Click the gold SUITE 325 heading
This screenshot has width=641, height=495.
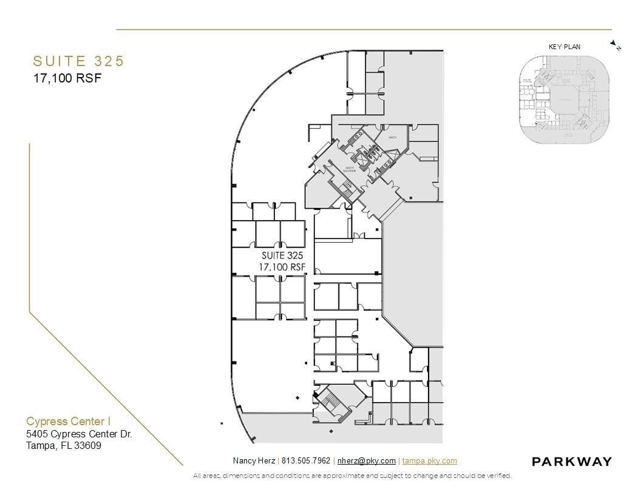[x=78, y=61]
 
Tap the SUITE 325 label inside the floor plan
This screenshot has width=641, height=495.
[x=282, y=256]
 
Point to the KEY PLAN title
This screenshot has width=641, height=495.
[x=565, y=47]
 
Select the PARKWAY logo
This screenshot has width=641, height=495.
[x=571, y=462]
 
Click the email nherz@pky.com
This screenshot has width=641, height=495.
[x=366, y=461]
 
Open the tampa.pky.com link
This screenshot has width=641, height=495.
[x=429, y=461]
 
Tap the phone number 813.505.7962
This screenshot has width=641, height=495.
[x=306, y=461]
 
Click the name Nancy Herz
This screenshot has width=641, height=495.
[x=254, y=461]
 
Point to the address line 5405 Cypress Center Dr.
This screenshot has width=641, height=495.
[x=79, y=434]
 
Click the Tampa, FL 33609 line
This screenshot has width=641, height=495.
[x=64, y=446]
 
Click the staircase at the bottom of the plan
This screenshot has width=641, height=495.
[x=334, y=402]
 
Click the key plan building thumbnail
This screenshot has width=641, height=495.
[x=564, y=100]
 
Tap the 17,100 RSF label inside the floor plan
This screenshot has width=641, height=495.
[x=282, y=267]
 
